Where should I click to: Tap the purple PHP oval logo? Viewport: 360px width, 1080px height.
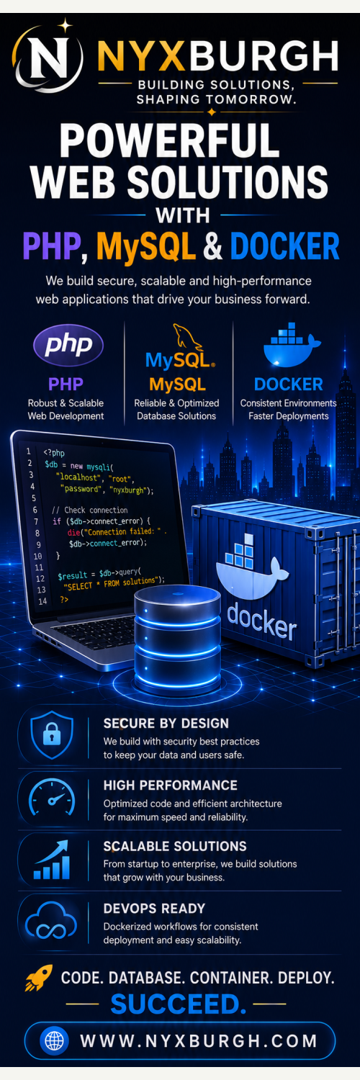(x=68, y=345)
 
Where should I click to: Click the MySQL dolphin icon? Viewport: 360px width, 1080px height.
(x=187, y=336)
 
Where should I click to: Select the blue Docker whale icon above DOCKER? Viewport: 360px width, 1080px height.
(x=291, y=344)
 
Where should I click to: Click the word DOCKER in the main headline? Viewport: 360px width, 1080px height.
(x=285, y=246)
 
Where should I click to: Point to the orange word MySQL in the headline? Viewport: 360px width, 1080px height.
(x=146, y=247)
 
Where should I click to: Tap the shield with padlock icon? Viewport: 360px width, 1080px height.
(x=52, y=735)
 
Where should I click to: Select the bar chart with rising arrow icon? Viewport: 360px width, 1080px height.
(x=52, y=860)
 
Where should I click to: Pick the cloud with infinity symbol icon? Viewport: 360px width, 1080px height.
(x=51, y=922)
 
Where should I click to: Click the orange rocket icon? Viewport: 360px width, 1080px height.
(x=39, y=978)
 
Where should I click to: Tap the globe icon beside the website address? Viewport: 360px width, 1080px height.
(x=55, y=1040)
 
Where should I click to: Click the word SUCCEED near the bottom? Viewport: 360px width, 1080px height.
(x=179, y=1004)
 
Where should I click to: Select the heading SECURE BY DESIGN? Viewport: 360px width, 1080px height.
(x=166, y=723)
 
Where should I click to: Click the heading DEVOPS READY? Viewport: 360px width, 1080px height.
(x=154, y=909)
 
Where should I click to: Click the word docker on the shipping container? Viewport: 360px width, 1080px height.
(x=261, y=621)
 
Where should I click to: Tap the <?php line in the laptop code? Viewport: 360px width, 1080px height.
(x=54, y=453)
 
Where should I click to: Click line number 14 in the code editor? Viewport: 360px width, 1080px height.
(x=42, y=601)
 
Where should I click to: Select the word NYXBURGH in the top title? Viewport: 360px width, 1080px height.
(x=218, y=57)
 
